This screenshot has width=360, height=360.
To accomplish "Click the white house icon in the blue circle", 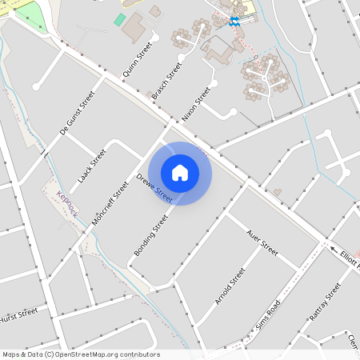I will pos(180,172).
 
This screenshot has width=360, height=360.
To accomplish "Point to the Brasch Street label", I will pos(167,81).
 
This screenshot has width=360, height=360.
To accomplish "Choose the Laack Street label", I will pos(93,165).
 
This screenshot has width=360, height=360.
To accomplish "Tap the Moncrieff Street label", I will pos(110,202).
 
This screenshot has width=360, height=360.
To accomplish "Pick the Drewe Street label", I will pos(154,187).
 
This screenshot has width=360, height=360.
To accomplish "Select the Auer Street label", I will pos(262,244).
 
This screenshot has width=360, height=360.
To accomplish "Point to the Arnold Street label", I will pos(230,286).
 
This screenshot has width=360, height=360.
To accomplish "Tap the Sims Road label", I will pos(268,316).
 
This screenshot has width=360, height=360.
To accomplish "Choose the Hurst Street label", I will pos(19,314).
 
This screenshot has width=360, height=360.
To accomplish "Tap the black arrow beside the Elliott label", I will pos(334,250).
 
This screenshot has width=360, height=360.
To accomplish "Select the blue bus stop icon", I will pos(234,22).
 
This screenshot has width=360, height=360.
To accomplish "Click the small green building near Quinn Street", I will pos(120,19).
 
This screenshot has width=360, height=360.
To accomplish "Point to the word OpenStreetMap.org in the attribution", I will pos(95,354).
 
